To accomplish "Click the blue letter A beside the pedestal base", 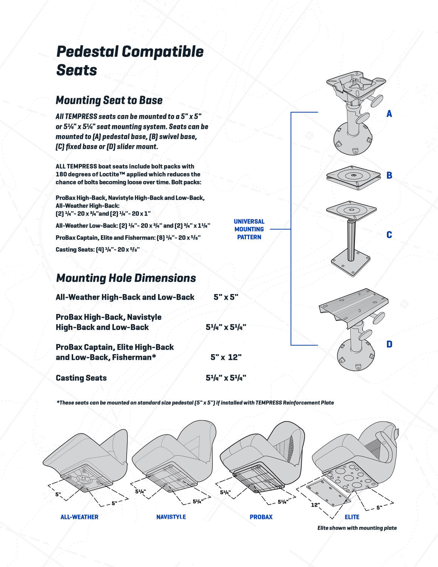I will click(x=389, y=114).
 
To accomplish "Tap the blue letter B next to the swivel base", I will click(x=389, y=175).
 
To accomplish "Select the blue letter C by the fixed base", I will click(x=389, y=235).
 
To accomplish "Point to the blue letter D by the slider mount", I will click(x=389, y=344).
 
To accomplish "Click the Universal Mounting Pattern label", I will click(x=249, y=229).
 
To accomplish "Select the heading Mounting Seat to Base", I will click(x=109, y=100).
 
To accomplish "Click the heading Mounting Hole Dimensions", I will click(x=126, y=278).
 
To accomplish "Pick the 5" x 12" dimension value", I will click(x=226, y=357).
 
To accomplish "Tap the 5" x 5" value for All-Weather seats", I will click(x=226, y=297).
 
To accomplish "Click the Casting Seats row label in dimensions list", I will click(x=81, y=378).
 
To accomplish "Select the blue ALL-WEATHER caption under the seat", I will click(x=79, y=517).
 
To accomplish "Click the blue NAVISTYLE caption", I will click(x=171, y=517).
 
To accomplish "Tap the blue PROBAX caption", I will click(x=261, y=517).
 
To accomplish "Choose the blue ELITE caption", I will click(x=352, y=517).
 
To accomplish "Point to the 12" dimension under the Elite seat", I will click(x=316, y=505).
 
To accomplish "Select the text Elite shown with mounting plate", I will click(x=357, y=528).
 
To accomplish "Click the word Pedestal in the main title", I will click(x=88, y=52).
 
